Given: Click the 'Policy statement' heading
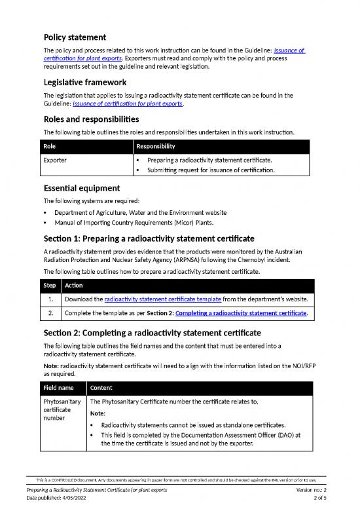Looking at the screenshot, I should click(x=75, y=37).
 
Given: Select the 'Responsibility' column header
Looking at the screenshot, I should click(x=156, y=147).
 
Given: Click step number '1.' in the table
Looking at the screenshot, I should click(x=51, y=300).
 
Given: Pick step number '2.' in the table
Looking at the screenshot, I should click(x=51, y=314).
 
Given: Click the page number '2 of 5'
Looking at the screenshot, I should click(x=325, y=499).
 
